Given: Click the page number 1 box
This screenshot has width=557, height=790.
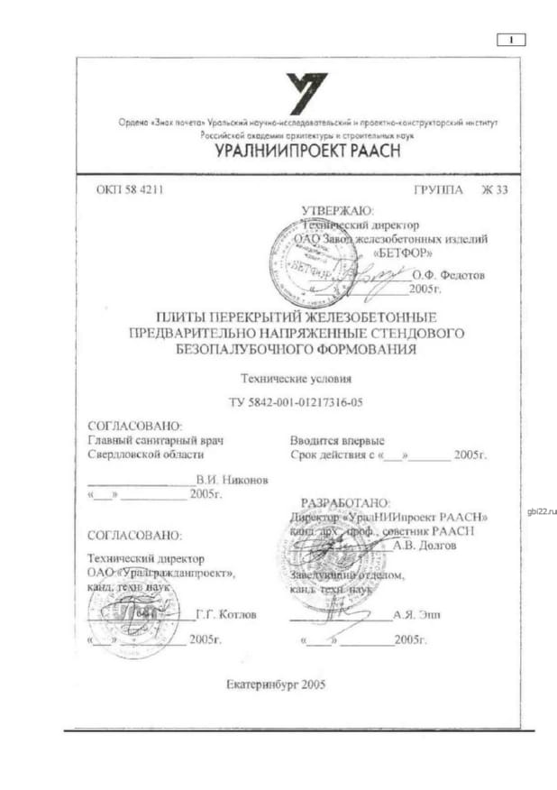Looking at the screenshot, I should click(x=511, y=39).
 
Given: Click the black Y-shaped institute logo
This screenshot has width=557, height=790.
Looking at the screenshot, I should click(x=306, y=94).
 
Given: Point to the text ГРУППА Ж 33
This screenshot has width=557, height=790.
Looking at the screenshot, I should click(x=461, y=190).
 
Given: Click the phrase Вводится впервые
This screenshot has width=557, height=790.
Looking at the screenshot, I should click(x=336, y=441).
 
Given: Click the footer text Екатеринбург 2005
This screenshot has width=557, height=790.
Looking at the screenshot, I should click(x=276, y=684).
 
